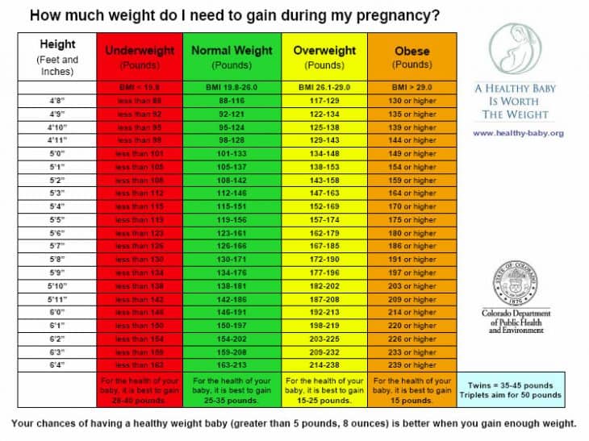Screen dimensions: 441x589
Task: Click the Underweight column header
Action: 140,56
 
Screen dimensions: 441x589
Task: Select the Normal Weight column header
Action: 232,56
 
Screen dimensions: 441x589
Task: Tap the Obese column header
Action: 411,56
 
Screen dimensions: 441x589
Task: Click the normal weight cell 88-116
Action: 232,101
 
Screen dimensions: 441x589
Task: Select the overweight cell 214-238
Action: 324,364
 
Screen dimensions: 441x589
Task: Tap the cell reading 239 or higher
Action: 411,364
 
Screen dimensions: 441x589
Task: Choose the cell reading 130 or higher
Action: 411,101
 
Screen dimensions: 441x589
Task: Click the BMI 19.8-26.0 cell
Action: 232,87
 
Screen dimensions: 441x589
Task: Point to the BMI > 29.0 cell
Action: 411,87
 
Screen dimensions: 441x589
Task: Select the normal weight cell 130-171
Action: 232,259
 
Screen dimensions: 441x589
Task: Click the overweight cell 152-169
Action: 324,206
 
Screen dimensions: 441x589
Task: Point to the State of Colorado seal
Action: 516,283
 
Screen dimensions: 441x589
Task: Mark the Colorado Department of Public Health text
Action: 516,321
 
